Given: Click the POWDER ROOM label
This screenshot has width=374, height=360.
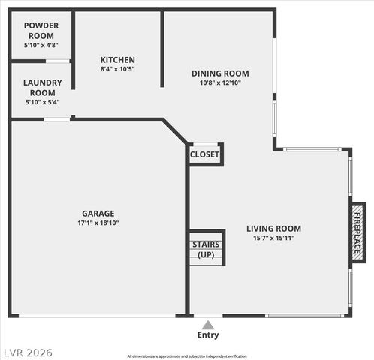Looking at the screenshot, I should tap(42, 31).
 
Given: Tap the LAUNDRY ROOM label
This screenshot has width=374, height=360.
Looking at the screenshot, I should tap(42, 87).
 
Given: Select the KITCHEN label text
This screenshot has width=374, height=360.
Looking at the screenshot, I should tap(118, 60).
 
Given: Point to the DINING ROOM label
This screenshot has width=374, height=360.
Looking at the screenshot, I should tap(220, 73).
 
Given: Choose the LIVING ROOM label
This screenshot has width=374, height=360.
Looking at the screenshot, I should tap(273, 229).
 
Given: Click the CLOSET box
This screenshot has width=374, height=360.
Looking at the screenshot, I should tap(205, 154).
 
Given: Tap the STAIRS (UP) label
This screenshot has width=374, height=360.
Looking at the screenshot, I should tap(205, 249).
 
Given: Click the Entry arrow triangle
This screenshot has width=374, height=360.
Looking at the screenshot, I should tap(208, 325).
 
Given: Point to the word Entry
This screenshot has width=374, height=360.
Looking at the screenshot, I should tap(208, 335).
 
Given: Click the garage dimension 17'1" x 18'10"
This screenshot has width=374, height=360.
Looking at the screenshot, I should tap(98, 223).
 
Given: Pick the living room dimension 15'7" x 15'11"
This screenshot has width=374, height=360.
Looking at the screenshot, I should tap(273, 238).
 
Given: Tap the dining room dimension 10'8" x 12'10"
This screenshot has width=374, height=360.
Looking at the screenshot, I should tap(220, 82).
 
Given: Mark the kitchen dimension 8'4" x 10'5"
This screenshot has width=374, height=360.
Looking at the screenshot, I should tap(118, 70).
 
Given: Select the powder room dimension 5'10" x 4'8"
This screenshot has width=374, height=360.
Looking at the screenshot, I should tap(42, 45).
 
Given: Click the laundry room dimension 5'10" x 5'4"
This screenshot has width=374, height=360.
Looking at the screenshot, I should tap(42, 101).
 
